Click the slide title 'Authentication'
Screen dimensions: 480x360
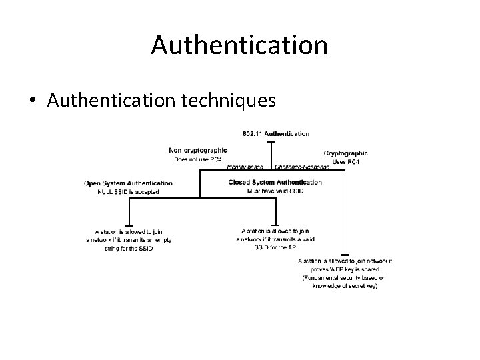click(239, 45)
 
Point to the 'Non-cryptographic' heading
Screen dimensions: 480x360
click(197, 151)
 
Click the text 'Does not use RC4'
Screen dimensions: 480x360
click(199, 159)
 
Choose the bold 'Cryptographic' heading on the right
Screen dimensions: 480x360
click(345, 153)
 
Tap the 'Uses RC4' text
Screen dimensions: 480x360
click(345, 162)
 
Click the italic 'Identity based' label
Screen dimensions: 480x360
click(245, 167)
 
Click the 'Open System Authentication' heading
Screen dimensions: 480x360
click(128, 183)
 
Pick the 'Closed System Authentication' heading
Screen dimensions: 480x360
click(275, 182)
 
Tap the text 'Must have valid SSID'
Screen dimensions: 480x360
click(275, 191)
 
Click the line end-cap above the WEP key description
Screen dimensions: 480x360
click(345, 255)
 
